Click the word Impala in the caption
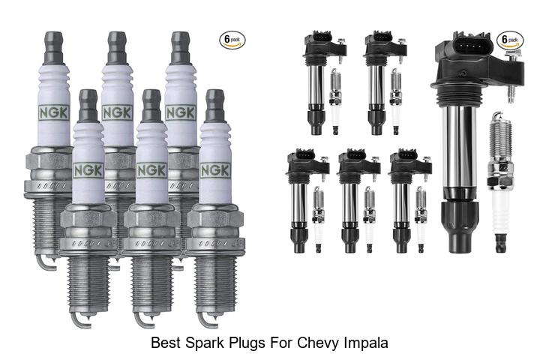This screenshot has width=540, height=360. [x=366, y=343]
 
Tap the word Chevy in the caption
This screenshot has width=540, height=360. [x=319, y=343]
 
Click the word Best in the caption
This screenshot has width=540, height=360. [x=166, y=343]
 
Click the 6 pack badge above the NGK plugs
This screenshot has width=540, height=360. [x=232, y=40]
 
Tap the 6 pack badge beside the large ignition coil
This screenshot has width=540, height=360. [x=510, y=40]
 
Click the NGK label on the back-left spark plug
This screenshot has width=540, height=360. [x=54, y=113]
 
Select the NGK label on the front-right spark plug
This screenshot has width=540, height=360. [x=215, y=170]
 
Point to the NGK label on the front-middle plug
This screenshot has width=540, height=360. [x=151, y=170]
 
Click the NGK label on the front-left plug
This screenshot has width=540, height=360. [x=88, y=170]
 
